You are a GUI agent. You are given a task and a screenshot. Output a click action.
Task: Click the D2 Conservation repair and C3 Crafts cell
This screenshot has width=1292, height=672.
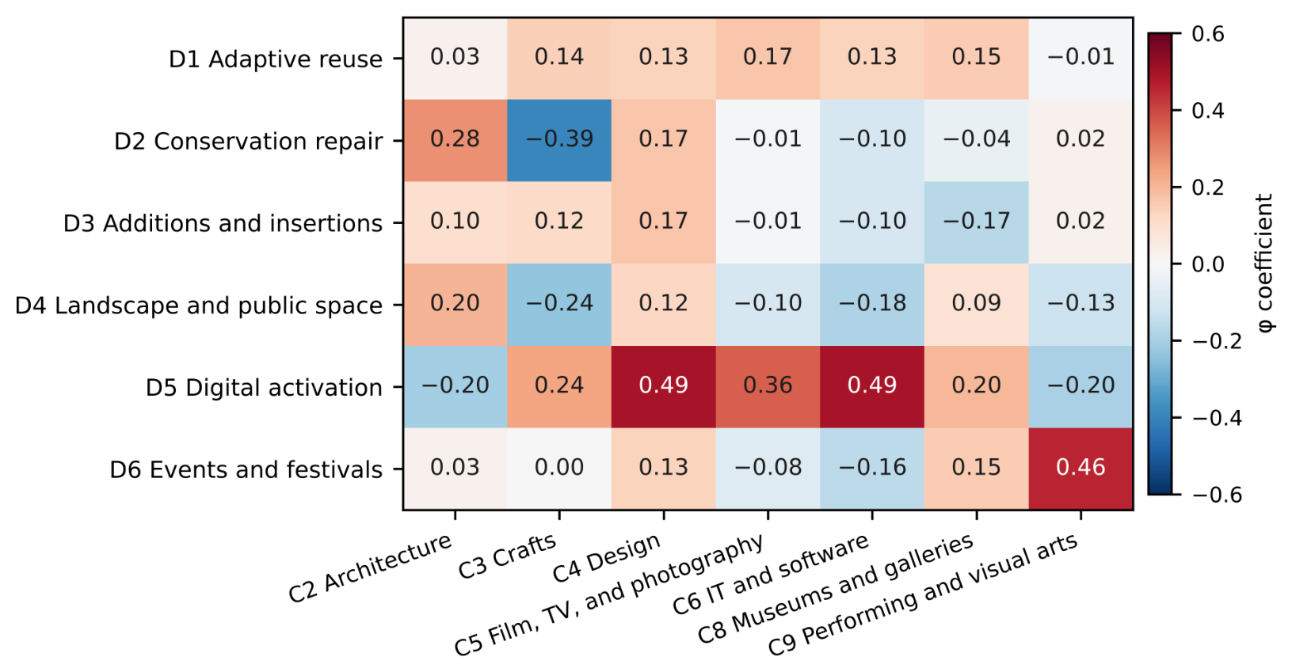[559, 140]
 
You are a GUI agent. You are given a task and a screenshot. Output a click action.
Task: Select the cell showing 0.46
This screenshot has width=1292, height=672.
[1080, 469]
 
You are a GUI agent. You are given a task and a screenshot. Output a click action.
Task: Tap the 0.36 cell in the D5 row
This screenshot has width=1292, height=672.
[768, 387]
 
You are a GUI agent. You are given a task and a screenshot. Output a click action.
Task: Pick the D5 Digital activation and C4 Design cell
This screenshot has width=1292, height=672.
[663, 387]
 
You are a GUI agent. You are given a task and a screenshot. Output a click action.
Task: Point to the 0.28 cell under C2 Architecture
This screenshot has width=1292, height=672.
[455, 140]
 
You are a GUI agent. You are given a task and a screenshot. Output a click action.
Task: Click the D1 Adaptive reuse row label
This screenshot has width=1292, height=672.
[276, 59]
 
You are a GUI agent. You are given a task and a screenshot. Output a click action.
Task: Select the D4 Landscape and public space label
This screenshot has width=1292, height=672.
[199, 306]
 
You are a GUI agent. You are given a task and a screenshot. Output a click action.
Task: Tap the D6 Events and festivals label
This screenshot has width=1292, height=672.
[246, 469]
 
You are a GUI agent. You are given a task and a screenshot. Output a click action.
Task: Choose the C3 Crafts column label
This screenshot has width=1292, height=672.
[508, 556]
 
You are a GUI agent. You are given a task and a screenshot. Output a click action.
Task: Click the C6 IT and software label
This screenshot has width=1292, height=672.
[772, 574]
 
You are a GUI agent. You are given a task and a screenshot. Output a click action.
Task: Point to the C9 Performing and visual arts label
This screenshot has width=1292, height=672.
[923, 594]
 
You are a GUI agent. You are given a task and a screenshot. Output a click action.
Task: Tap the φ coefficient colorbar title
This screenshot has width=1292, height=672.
[1264, 264]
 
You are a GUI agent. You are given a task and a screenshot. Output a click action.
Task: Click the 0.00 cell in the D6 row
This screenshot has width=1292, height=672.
[559, 469]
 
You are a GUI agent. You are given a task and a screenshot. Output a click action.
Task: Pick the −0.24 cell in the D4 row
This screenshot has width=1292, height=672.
[559, 304]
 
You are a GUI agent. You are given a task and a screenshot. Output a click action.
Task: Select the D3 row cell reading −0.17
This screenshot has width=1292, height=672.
[976, 222]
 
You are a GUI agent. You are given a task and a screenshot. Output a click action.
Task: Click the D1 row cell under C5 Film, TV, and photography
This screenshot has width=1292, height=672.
[768, 59]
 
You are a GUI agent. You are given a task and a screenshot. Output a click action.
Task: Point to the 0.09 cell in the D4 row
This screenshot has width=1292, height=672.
[976, 304]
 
